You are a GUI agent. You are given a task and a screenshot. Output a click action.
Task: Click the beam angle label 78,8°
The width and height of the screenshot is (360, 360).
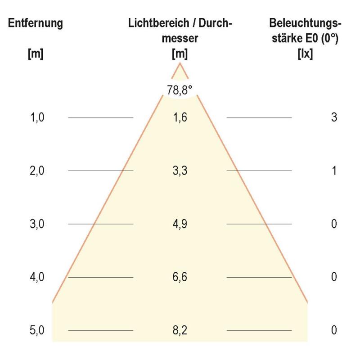tap(180, 90)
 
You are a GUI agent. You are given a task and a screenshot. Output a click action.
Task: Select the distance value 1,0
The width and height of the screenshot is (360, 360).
tap(36, 117)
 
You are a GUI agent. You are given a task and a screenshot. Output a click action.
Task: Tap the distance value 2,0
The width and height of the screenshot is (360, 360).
tap(36, 171)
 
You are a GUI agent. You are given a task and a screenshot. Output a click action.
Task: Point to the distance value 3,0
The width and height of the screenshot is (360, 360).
tap(36, 224)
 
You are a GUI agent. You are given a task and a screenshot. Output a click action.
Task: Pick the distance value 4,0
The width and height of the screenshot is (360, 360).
tap(36, 277)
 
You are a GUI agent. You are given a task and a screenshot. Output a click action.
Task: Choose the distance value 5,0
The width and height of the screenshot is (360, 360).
tap(36, 330)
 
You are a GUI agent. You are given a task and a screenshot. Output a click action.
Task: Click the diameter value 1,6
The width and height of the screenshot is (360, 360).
tap(180, 117)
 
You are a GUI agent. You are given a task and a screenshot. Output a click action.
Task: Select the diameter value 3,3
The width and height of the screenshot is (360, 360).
tap(180, 171)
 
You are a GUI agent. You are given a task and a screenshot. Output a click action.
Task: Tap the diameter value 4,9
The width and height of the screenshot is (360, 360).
tap(180, 224)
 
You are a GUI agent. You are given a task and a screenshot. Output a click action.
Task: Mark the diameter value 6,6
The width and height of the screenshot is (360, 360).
tap(180, 277)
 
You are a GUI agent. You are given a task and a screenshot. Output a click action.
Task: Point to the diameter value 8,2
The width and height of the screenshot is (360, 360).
tap(180, 330)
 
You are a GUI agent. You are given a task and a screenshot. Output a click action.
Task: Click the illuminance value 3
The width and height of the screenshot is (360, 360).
tap(333, 117)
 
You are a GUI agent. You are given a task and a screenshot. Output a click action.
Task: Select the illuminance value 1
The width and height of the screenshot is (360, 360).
tap(333, 171)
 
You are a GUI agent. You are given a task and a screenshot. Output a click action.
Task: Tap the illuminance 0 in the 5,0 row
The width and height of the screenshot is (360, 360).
tap(333, 330)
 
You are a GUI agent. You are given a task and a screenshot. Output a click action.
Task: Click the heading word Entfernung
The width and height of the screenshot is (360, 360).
tap(35, 23)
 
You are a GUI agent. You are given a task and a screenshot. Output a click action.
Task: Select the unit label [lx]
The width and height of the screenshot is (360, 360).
tap(306, 54)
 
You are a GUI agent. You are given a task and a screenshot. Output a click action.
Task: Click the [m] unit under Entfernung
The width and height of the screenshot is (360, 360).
tap(35, 54)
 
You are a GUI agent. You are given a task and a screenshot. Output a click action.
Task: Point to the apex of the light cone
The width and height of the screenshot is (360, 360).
tap(180, 63)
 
